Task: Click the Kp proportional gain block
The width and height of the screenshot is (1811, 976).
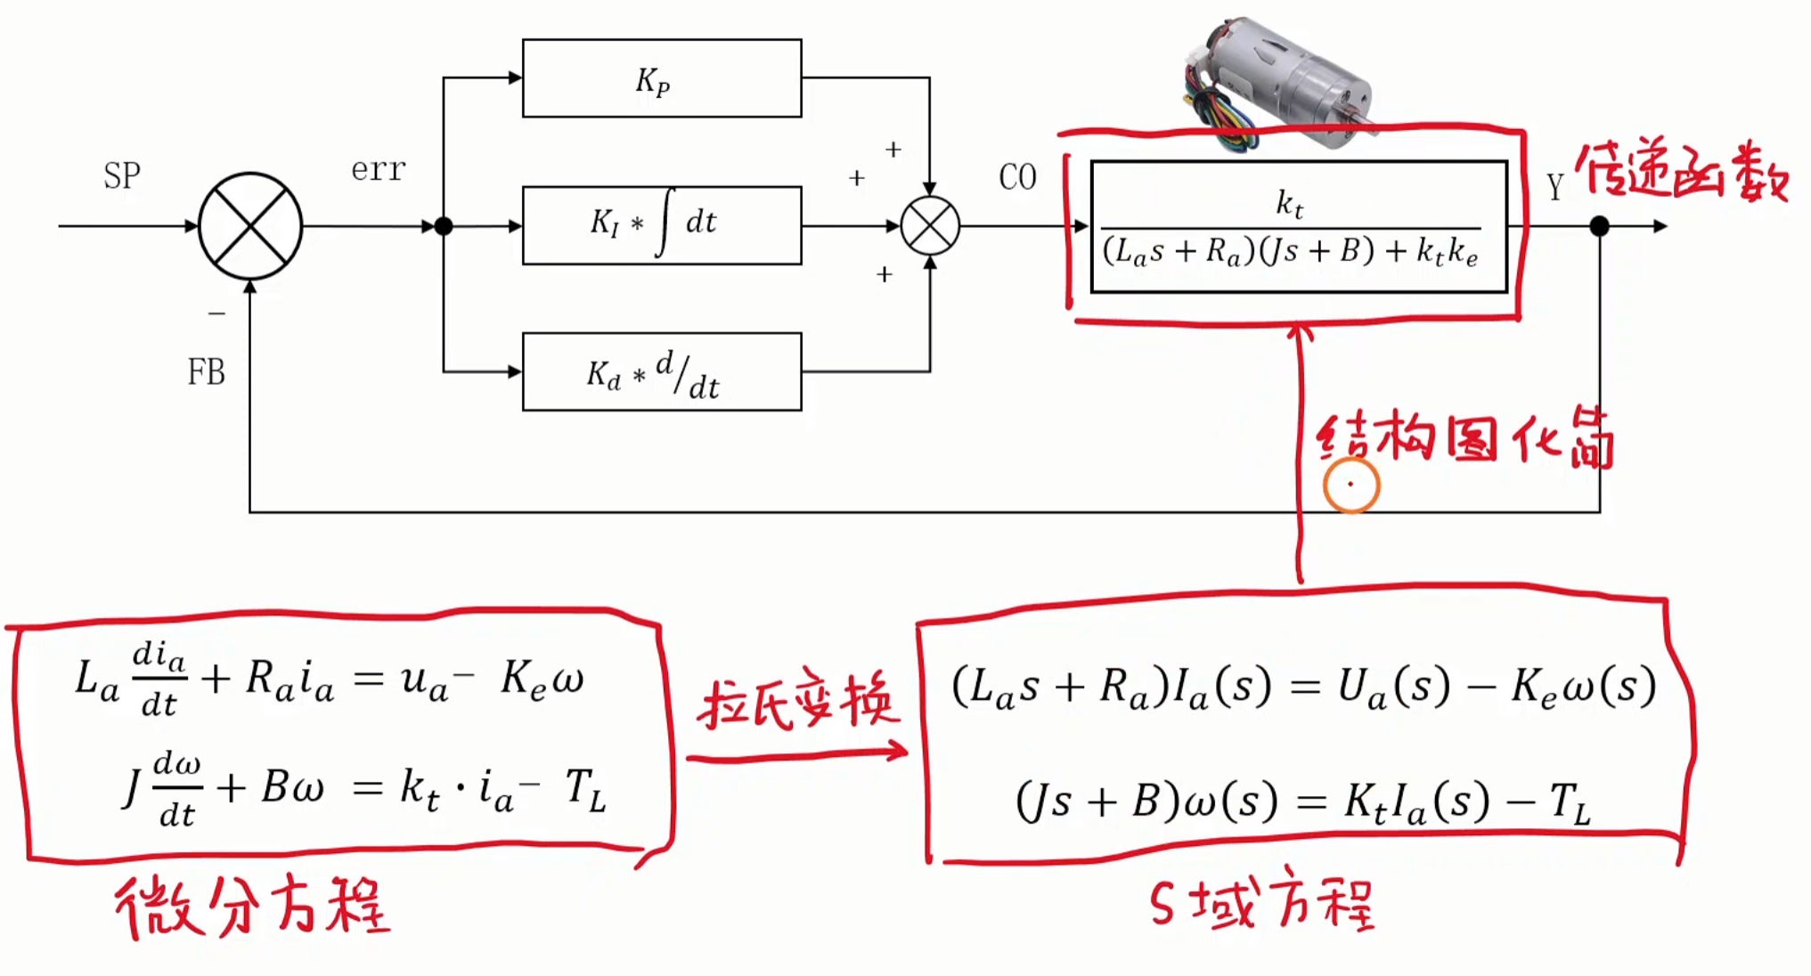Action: [662, 78]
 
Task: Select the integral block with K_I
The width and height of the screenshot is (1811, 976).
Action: [662, 225]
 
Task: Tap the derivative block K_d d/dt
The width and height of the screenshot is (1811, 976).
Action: [662, 372]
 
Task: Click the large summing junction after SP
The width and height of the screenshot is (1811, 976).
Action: [250, 225]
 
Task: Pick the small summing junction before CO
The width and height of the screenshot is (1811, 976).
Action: [930, 226]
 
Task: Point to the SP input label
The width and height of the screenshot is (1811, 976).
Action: [122, 175]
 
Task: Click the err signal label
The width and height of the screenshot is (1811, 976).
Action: [379, 168]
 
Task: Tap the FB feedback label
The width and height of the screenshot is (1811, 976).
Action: [206, 371]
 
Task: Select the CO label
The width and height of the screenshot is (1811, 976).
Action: [1018, 177]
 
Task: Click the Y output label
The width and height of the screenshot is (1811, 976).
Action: [1554, 187]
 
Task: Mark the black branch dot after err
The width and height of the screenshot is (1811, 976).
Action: [444, 226]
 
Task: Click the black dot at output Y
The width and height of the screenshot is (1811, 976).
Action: [1600, 226]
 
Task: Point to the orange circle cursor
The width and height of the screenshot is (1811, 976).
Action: [1351, 485]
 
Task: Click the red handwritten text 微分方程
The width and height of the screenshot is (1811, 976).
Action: [252, 906]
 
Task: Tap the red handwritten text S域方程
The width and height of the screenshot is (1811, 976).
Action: [1261, 900]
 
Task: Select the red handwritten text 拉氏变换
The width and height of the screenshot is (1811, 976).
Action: [798, 701]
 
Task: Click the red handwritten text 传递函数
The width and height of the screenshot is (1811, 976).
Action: [1683, 170]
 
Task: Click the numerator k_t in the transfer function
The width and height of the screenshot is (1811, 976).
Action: [1289, 205]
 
